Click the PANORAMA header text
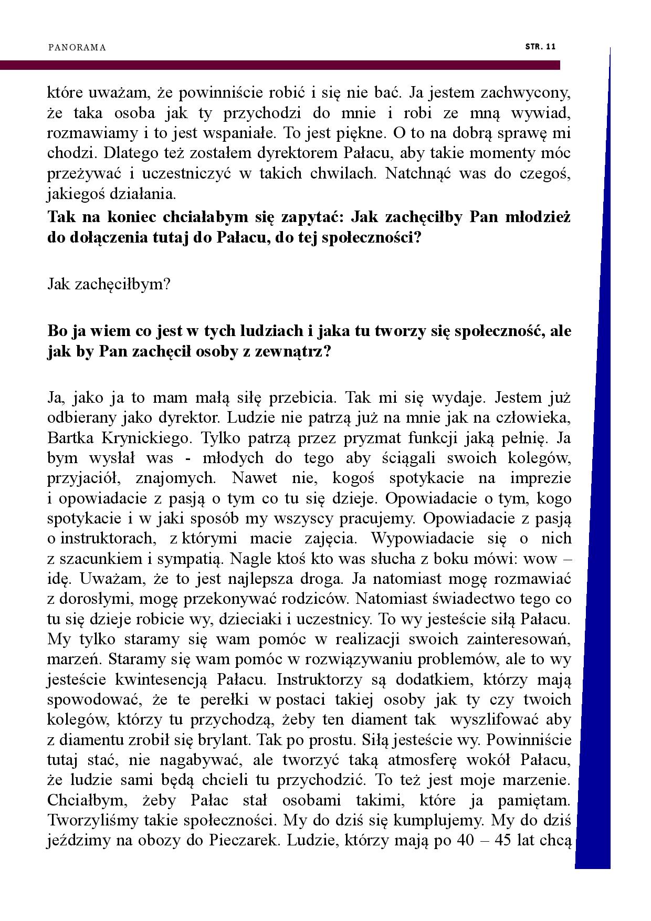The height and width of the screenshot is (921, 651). click(77, 48)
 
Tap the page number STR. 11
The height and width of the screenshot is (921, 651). click(540, 47)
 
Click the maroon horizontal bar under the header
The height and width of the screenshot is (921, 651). click(278, 65)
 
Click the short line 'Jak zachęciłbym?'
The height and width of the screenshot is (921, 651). click(109, 285)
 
